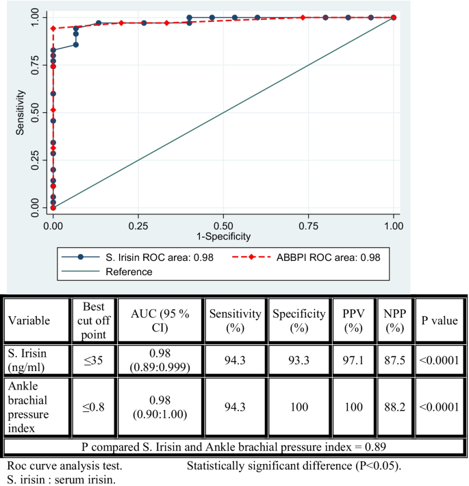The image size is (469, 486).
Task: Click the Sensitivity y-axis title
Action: click(21, 111)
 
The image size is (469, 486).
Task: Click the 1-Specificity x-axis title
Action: click(223, 236)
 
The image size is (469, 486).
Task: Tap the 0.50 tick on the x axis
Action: click(223, 225)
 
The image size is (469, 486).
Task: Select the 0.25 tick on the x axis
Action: click(138, 225)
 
